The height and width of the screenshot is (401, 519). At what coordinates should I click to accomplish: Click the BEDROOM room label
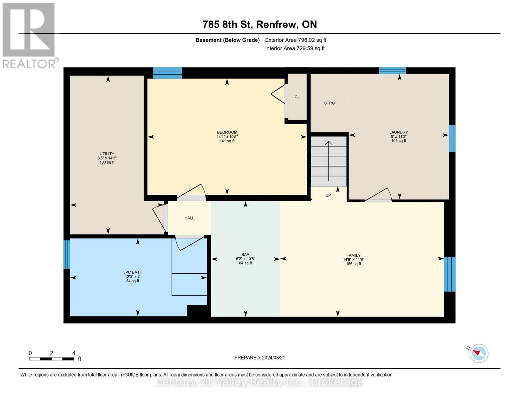point(227,132)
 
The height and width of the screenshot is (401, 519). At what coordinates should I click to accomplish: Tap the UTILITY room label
point(107,154)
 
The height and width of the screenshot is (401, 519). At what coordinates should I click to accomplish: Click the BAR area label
point(245,254)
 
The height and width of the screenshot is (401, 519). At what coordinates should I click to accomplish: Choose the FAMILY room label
point(353,255)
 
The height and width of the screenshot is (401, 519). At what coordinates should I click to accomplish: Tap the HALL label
point(189,218)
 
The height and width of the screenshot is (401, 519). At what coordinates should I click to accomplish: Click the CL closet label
point(297,97)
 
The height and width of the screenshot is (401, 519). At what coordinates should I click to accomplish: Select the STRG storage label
point(329,103)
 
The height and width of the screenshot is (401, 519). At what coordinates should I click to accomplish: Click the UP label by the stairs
point(328,195)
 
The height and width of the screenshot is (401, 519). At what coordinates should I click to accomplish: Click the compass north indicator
point(479,353)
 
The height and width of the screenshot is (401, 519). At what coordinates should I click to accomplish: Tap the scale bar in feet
point(52,359)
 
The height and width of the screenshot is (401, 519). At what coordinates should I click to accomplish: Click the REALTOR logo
point(29,35)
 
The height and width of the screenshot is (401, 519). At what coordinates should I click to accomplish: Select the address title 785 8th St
point(259,24)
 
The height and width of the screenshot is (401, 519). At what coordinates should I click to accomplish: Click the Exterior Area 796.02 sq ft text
point(295,40)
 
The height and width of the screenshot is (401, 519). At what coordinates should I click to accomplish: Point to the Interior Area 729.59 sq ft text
point(295,48)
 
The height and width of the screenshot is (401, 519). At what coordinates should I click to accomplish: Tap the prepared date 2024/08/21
point(260,358)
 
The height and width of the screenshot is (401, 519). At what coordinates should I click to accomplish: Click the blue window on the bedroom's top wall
point(167,73)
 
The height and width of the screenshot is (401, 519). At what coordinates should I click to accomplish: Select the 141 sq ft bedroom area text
point(227,141)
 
